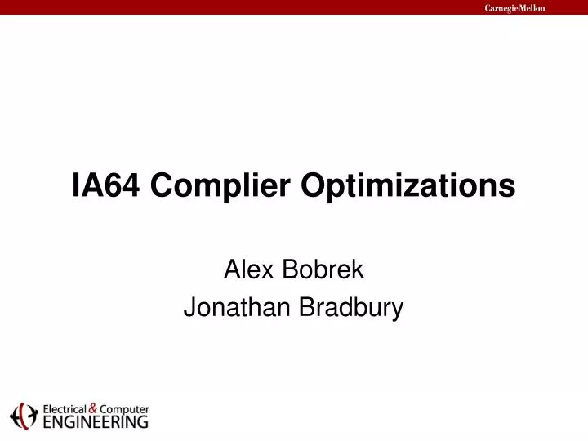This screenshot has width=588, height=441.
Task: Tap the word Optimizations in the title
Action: (408, 188)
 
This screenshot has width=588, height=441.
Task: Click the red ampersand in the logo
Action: (93, 408)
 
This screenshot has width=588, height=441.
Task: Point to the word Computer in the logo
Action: (124, 409)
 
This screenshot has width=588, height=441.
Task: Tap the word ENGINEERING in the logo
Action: (95, 422)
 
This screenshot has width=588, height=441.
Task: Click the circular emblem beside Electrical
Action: (24, 416)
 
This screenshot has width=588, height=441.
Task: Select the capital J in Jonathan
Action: (189, 308)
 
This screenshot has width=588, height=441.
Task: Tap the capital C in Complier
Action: (162, 186)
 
